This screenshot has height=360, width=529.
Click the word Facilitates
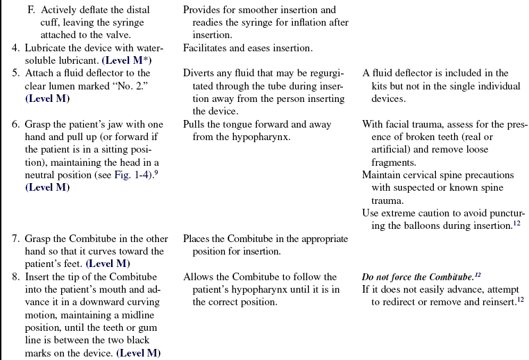[x=207, y=48]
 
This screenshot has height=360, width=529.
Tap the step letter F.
[x=31, y=10]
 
